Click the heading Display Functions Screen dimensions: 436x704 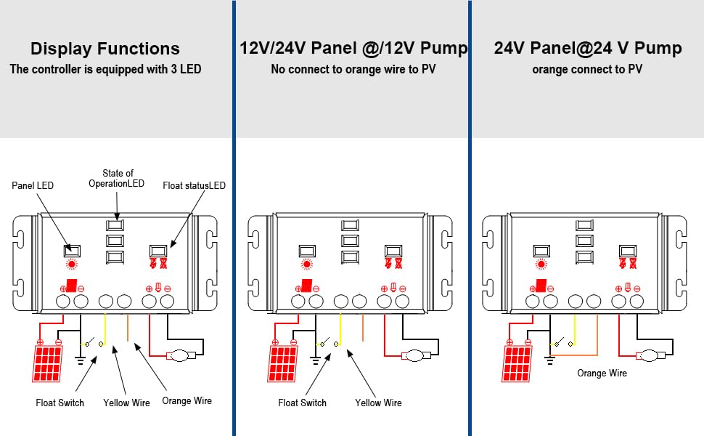pyautogui.click(x=105, y=49)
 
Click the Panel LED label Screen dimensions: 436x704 pyautogui.click(x=33, y=185)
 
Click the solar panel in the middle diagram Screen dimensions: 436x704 pyautogui.click(x=283, y=364)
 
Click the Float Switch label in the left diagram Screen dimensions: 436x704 pyautogui.click(x=60, y=403)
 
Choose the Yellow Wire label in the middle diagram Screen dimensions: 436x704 pyautogui.click(x=378, y=403)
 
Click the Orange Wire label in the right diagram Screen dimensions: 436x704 pyautogui.click(x=602, y=373)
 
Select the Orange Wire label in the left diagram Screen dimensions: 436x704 pyautogui.click(x=187, y=400)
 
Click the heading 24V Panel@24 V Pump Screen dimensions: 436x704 pyautogui.click(x=588, y=49)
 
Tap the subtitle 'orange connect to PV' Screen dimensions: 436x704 pyautogui.click(x=587, y=70)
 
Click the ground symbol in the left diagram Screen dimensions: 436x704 pyautogui.click(x=81, y=359)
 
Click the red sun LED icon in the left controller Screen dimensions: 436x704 pyautogui.click(x=73, y=265)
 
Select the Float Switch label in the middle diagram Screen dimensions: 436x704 pyautogui.click(x=303, y=403)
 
